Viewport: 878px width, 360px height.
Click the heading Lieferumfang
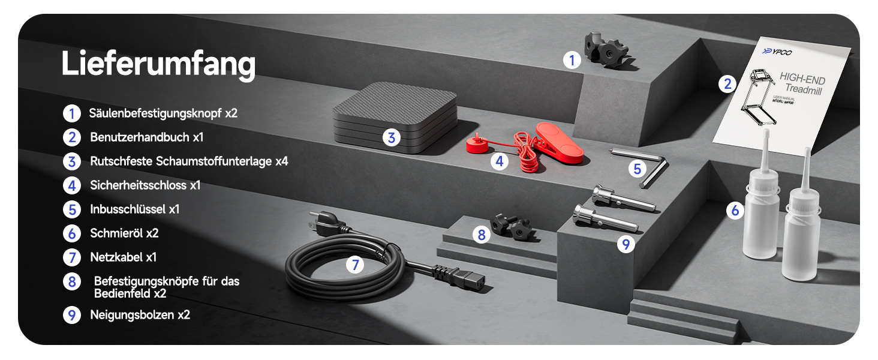point(158,64)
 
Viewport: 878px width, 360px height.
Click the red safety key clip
point(559,143)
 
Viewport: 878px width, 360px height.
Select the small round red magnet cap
point(477,145)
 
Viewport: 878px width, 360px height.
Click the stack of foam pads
point(395,117)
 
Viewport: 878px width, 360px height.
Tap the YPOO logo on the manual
point(777,52)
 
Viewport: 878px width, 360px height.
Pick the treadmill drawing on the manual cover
point(757,97)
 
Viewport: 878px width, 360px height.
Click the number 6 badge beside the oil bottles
point(735,211)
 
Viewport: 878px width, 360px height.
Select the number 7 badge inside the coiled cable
point(354,265)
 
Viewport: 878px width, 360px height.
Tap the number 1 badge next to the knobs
point(572,61)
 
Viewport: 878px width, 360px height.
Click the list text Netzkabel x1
point(124,257)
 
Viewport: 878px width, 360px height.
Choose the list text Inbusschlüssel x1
point(135,209)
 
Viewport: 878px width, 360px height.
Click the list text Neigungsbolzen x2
point(140,315)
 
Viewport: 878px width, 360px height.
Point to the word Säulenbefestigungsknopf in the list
point(155,113)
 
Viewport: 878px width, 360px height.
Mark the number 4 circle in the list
point(72,185)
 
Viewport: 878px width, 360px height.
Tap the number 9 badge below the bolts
point(626,244)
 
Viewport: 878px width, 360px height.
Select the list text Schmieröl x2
point(124,233)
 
